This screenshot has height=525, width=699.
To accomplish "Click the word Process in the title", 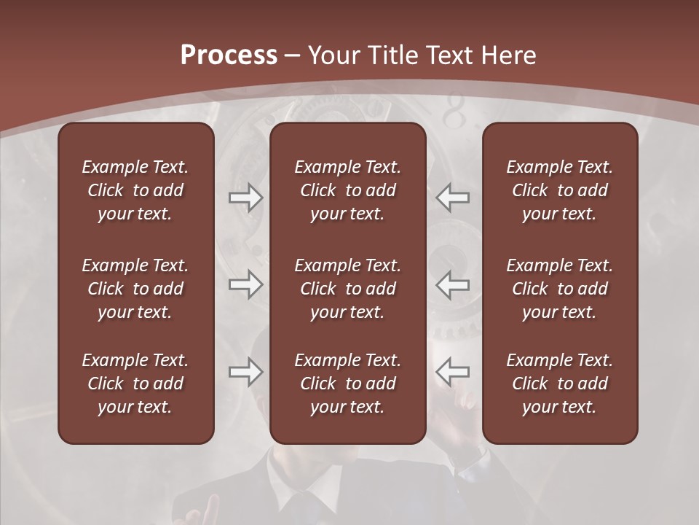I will coord(229,55).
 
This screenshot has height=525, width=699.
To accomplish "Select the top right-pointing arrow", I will coord(245,198).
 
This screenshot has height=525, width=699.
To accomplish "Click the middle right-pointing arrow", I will coord(245,284).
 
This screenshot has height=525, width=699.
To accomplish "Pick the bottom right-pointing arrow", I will coord(245,372).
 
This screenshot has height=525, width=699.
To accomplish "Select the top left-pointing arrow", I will coord(453,198).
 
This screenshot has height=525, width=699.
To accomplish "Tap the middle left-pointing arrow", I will coord(453,284).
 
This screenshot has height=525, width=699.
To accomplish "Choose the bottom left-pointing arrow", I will coord(453,372).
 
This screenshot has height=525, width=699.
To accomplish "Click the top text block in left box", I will coord(135,190).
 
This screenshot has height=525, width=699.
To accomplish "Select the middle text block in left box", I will coord(135,289).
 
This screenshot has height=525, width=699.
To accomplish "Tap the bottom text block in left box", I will coord(135,384).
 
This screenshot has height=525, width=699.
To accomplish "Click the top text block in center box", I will coord(347,190).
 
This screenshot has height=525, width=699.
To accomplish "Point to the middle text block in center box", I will coord(347,289).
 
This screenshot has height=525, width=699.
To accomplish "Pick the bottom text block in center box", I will coord(347,384).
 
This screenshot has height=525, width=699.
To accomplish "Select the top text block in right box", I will coord(559,190).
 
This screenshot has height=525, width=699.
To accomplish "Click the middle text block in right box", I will coord(559,289).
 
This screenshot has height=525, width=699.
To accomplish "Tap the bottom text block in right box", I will coord(559,384).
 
